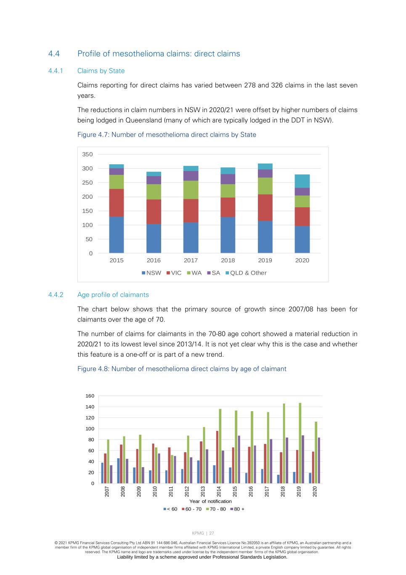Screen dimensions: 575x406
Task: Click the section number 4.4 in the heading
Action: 54,53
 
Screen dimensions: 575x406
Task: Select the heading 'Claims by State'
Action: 101,71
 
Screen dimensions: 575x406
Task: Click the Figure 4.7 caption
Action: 167,135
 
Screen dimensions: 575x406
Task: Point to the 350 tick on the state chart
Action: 88,154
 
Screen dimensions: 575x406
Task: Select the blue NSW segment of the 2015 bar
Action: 117,235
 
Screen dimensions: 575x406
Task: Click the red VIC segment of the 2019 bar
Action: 265,208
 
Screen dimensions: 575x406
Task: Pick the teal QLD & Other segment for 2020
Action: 302,181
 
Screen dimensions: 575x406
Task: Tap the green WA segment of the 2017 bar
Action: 191,190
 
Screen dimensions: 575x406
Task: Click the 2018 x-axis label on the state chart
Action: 228,260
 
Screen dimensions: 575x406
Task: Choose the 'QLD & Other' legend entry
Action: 246,273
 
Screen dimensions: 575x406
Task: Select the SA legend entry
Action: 213,273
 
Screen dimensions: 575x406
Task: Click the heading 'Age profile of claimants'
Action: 113,295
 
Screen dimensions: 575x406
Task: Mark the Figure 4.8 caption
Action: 182,369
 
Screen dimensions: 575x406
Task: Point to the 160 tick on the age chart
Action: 90,396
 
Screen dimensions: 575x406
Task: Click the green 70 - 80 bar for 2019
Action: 300,443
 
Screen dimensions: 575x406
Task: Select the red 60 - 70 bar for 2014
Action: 217,457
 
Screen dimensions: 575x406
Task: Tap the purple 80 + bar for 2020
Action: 319,460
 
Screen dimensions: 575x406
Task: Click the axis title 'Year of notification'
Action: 210,501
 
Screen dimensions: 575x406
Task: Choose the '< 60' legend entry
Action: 170,509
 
